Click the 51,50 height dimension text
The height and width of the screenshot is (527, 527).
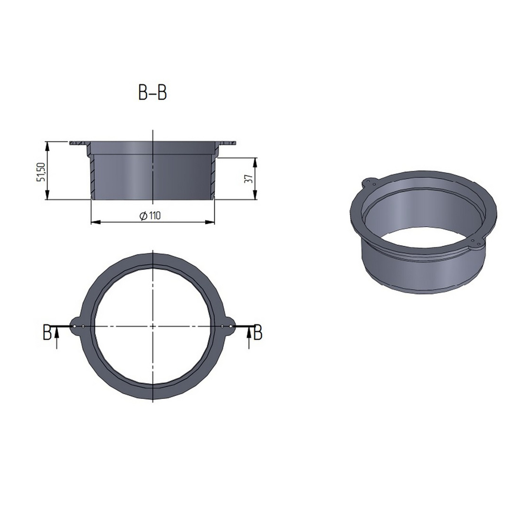click(40, 171)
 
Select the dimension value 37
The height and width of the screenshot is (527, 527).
click(248, 179)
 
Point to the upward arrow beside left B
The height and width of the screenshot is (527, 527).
click(56, 337)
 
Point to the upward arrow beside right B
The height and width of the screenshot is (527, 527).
click(248, 337)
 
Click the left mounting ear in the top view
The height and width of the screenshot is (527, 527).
click(77, 326)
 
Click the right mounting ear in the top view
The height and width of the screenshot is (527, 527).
click(228, 326)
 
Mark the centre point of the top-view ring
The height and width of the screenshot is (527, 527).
click(152, 326)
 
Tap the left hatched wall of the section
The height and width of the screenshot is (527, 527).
click(91, 177)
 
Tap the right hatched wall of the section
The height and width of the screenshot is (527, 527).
click(213, 177)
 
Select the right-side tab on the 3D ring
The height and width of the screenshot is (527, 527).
click(476, 241)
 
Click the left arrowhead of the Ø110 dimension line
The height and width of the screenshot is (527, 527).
click(93, 221)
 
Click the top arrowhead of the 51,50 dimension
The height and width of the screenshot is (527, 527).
click(47, 144)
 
